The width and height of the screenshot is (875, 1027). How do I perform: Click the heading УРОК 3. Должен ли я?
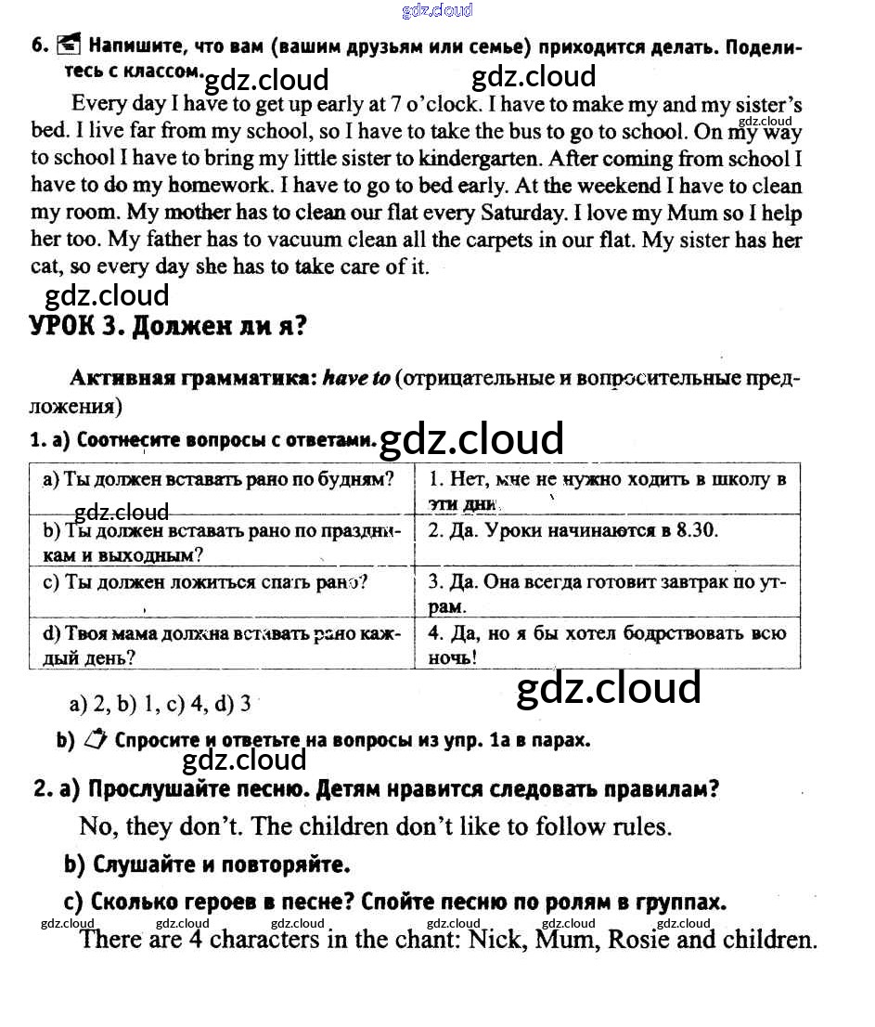(x=168, y=327)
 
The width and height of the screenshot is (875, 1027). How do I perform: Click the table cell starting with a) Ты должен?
(x=219, y=479)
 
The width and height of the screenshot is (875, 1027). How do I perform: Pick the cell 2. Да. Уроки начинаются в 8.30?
(x=573, y=531)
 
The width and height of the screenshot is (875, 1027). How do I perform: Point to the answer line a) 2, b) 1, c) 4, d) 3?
(x=160, y=704)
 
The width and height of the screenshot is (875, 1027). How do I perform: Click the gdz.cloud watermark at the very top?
(x=437, y=10)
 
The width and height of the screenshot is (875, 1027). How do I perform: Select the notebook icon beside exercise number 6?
(x=69, y=44)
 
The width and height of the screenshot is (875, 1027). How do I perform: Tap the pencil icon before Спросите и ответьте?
(x=96, y=740)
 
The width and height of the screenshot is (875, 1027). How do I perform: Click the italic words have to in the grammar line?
(x=356, y=379)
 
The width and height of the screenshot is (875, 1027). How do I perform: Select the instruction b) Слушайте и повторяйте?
(x=207, y=864)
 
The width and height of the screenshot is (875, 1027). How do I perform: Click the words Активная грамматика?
(x=193, y=379)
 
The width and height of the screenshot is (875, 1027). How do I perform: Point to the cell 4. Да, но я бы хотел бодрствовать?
(x=607, y=644)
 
